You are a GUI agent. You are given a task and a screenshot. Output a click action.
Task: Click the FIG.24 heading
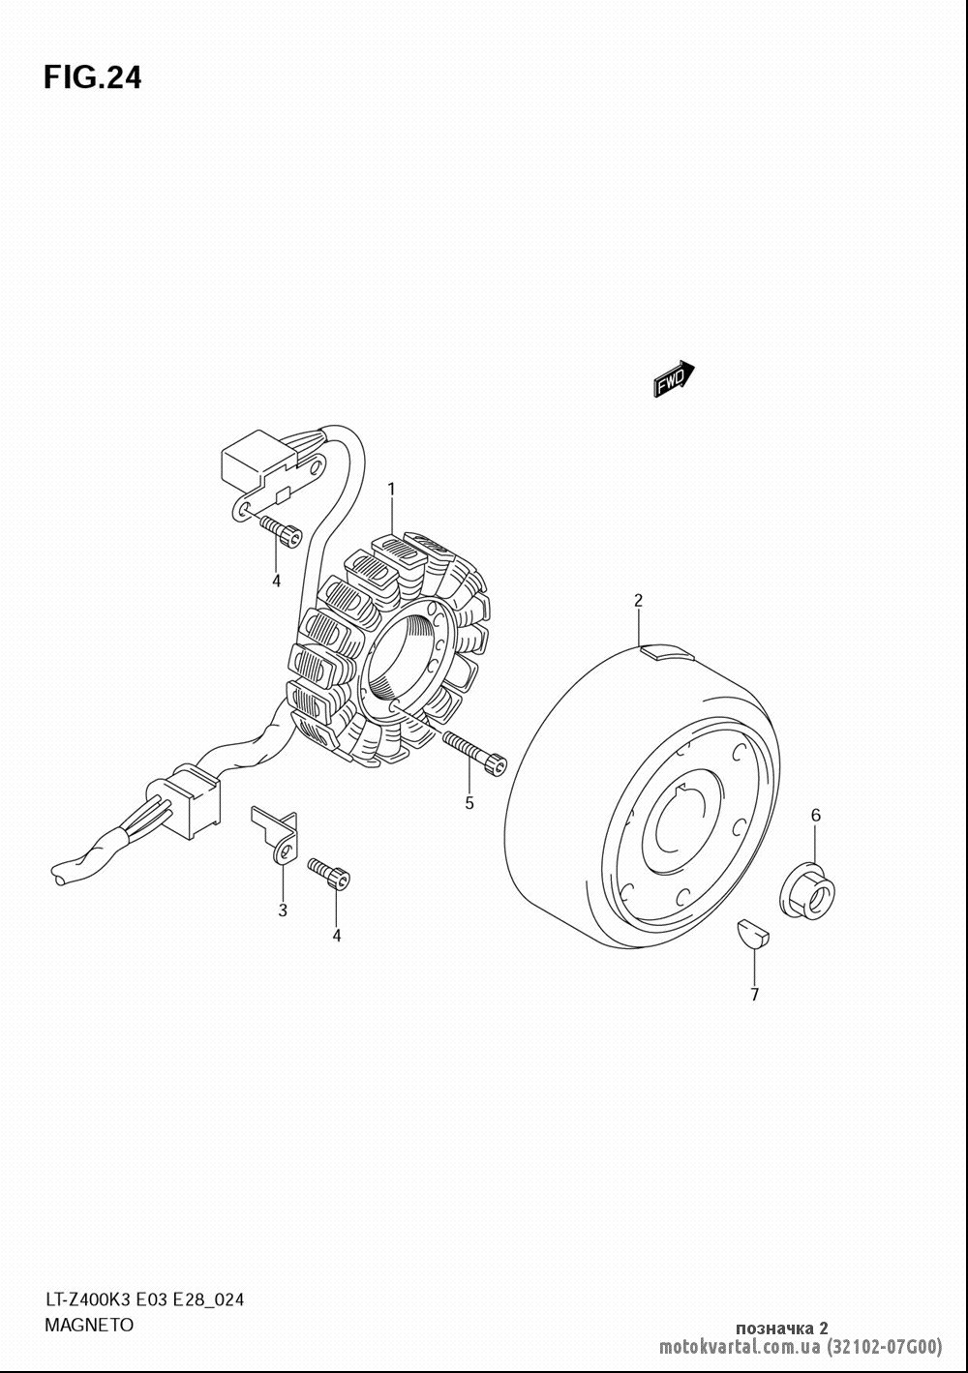(x=93, y=77)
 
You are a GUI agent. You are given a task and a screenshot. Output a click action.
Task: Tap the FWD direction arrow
(x=674, y=378)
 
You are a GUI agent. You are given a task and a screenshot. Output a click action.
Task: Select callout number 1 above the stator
(x=390, y=491)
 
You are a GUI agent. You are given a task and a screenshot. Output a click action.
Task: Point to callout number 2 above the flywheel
(x=638, y=600)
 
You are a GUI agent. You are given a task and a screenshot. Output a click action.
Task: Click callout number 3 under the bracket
(x=283, y=910)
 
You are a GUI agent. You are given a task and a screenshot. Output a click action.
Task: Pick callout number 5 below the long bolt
(x=469, y=803)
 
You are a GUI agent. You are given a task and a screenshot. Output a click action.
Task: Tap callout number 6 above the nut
(x=815, y=816)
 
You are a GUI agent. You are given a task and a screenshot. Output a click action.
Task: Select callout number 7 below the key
(x=755, y=995)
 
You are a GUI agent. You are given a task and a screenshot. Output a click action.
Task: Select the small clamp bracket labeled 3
(x=274, y=834)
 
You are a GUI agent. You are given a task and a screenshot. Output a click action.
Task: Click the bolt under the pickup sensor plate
(x=282, y=531)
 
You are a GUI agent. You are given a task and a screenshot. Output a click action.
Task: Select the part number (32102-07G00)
(x=884, y=1348)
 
